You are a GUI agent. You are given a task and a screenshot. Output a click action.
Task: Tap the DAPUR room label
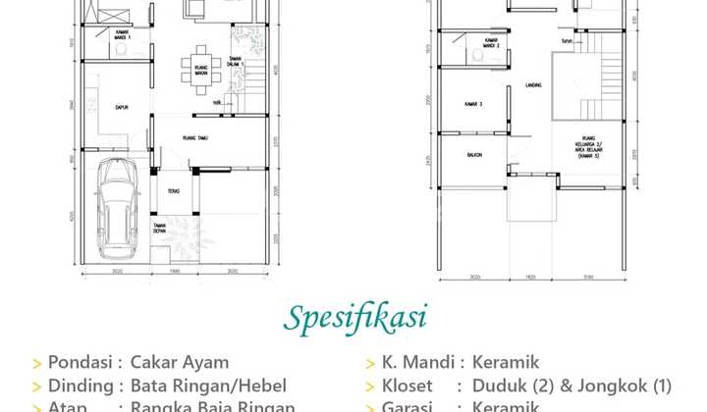click(x=123, y=108)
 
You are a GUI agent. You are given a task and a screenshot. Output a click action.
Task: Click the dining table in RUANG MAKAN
click(x=193, y=72)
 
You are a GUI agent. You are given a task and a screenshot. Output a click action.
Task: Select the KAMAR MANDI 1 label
click(x=122, y=36)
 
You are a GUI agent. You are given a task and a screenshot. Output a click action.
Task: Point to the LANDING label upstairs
click(x=534, y=86)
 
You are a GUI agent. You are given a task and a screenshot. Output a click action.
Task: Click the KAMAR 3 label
click(x=474, y=103)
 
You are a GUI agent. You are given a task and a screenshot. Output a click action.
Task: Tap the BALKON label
click(x=473, y=153)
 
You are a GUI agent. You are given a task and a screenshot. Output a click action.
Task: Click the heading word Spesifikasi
click(x=356, y=318)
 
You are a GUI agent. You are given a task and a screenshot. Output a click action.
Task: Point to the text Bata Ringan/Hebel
click(x=210, y=385)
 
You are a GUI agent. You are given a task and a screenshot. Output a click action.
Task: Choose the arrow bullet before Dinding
click(x=37, y=386)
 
